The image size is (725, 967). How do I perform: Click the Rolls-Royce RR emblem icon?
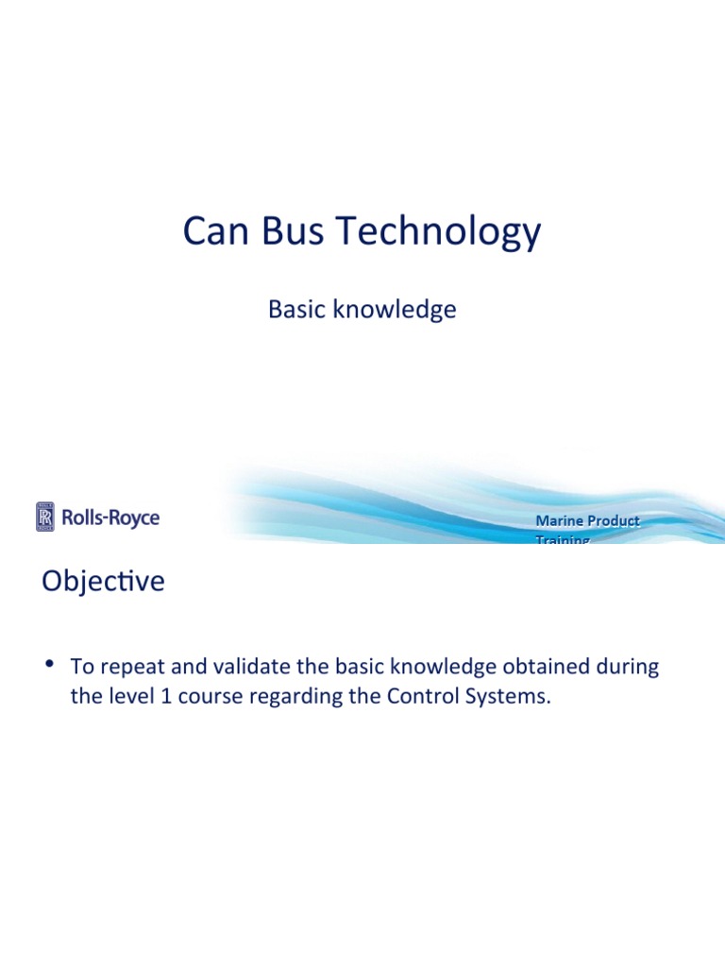pyautogui.click(x=45, y=517)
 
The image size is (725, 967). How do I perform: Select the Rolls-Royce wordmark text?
pyautogui.click(x=110, y=517)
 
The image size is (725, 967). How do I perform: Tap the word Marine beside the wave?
pyautogui.click(x=557, y=520)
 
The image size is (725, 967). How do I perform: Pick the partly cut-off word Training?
pyautogui.click(x=563, y=539)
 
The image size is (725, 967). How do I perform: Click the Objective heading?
pyautogui.click(x=103, y=582)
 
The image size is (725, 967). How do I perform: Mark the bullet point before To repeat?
pyautogui.click(x=48, y=664)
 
